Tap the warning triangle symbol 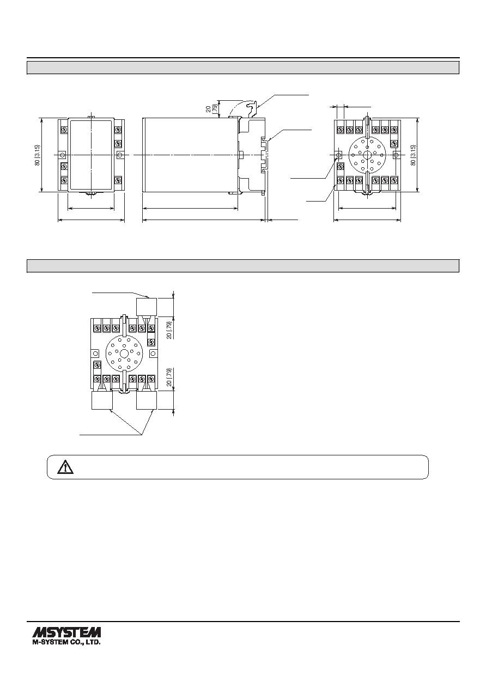[x=65, y=467]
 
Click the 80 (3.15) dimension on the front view [x=38, y=155]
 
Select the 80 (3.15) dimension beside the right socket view [x=414, y=155]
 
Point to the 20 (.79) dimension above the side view [x=211, y=108]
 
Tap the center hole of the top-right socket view [x=367, y=155]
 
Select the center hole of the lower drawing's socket [x=124, y=354]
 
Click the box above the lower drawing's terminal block [x=147, y=307]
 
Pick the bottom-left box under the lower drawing [x=102, y=400]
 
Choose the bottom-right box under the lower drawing [x=147, y=400]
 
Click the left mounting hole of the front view [x=63, y=155]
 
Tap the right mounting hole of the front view [x=120, y=155]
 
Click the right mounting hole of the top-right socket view [x=396, y=155]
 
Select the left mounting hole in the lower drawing [x=95, y=354]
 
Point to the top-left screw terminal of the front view [x=64, y=130]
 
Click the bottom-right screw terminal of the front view [x=118, y=180]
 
